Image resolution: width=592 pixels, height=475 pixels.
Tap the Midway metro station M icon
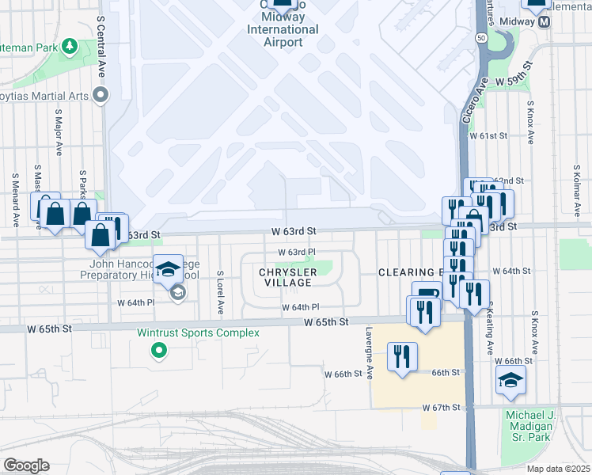pos(545,22)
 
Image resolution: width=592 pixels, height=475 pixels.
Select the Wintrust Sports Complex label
pos(198,332)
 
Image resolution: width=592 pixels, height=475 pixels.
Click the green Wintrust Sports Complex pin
pos(160,349)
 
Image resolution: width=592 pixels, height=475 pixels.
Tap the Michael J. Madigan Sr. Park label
pos(533,427)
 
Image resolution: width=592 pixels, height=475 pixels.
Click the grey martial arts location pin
pos(101,96)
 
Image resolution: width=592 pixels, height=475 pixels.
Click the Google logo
pos(26,465)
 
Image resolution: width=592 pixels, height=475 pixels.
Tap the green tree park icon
pos(70,47)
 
